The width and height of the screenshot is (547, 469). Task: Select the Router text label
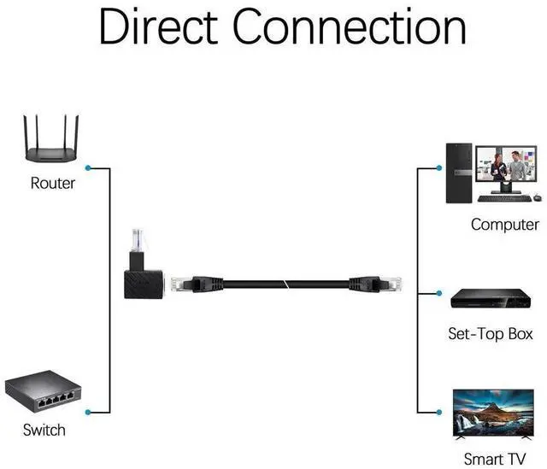click(53, 183)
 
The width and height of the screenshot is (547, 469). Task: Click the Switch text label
click(44, 430)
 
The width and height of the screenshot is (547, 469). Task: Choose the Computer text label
click(503, 225)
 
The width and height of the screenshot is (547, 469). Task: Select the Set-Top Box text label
click(491, 333)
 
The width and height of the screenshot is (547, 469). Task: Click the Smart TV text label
click(494, 459)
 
